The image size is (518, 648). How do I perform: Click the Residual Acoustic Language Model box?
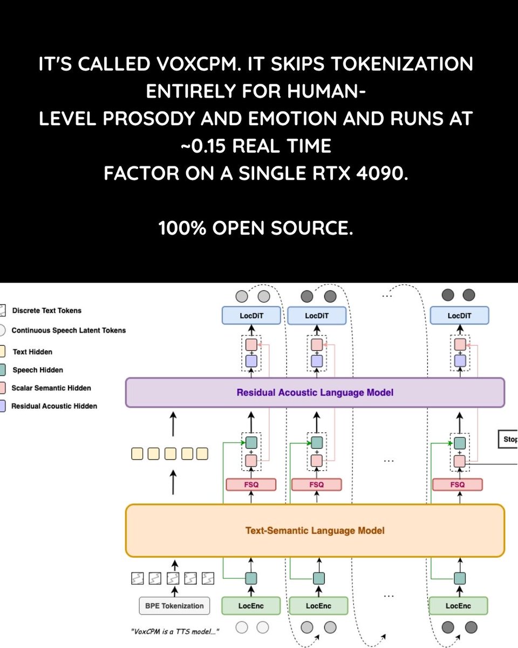click(315, 393)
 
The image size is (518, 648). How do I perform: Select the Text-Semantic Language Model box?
click(315, 531)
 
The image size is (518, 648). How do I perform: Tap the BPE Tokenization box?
click(174, 605)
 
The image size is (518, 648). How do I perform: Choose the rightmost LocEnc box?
click(459, 605)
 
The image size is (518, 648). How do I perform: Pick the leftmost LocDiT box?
click(252, 315)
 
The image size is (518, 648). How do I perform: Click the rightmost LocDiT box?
click(459, 315)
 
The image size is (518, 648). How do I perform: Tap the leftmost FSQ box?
click(251, 484)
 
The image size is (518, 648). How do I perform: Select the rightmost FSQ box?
click(457, 484)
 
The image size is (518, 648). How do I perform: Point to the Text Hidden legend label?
click(32, 352)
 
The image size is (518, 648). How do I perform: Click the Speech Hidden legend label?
click(37, 370)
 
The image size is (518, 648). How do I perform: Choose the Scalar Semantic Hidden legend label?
click(51, 388)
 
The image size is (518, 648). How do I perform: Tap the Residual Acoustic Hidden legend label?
click(54, 406)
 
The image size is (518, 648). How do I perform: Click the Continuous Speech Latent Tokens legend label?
click(69, 330)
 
